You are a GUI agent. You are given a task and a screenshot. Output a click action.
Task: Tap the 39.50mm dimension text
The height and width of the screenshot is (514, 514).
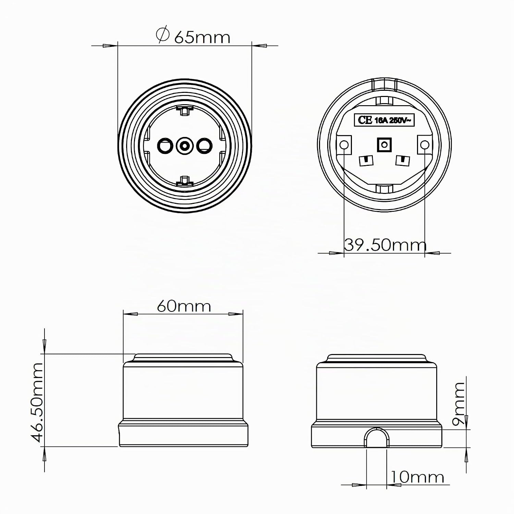click(x=385, y=245)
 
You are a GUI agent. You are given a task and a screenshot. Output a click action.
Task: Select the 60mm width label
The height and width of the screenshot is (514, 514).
click(x=184, y=306)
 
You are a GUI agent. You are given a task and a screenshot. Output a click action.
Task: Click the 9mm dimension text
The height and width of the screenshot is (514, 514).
click(x=458, y=404)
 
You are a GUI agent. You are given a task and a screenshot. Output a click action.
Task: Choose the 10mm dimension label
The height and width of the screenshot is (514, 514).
click(x=417, y=477)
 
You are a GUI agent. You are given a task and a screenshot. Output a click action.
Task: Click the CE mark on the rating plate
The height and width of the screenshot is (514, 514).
click(x=365, y=120)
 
